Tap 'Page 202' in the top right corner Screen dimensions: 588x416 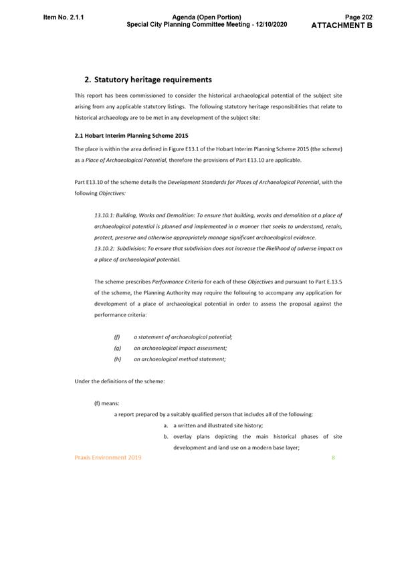point(358,17)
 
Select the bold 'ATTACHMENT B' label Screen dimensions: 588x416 point(342,25)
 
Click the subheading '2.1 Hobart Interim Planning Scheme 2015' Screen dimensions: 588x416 point(131,135)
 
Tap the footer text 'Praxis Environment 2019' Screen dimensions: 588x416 point(108,458)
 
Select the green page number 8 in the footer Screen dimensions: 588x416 point(333,458)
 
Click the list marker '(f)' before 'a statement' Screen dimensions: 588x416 point(117,336)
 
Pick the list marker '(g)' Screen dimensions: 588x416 point(117,348)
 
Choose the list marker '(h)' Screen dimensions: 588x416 point(117,359)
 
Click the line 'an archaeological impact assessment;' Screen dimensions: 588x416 point(180,348)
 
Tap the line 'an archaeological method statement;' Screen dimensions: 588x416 point(179,359)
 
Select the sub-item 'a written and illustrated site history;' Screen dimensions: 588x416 point(218,425)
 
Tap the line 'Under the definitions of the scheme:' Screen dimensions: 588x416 point(119,381)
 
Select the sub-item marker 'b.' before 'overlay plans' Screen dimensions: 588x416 point(165,437)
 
